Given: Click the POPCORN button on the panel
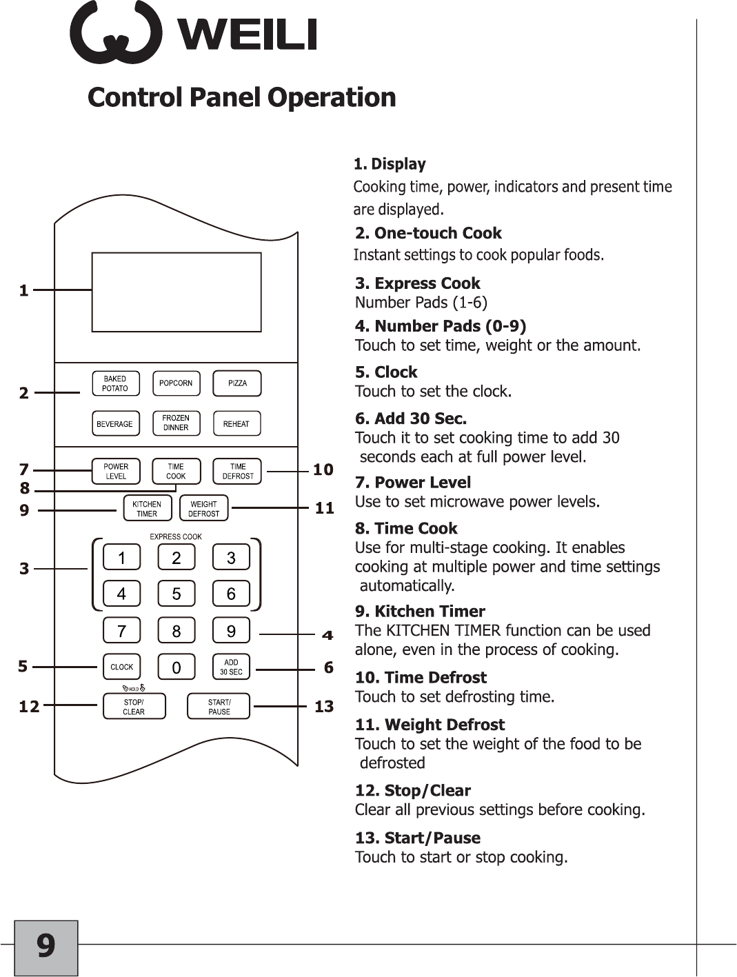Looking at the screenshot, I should coord(176,383).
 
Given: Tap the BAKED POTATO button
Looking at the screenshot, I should coord(115,383).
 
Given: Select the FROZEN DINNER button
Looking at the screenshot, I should coord(176,423).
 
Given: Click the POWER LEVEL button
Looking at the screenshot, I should coord(116,471).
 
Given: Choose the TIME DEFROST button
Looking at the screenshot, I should coord(237,471).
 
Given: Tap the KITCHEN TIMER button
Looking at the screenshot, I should coord(147,509).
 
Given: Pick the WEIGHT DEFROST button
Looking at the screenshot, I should coord(203,509).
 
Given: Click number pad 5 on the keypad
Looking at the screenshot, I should coord(176,594).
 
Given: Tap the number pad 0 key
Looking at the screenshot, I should coord(176,667).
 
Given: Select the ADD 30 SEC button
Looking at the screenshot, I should coord(231,667).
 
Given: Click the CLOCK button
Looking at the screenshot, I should coord(121,667).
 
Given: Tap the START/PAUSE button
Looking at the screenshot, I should coord(219,707).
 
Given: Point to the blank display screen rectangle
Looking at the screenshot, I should coord(176,292).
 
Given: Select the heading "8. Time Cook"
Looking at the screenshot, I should coord(406,529).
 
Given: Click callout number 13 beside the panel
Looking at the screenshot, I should coord(324,707).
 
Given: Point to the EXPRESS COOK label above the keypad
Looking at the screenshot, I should coord(176,536).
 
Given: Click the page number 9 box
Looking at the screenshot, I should coord(46,947).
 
